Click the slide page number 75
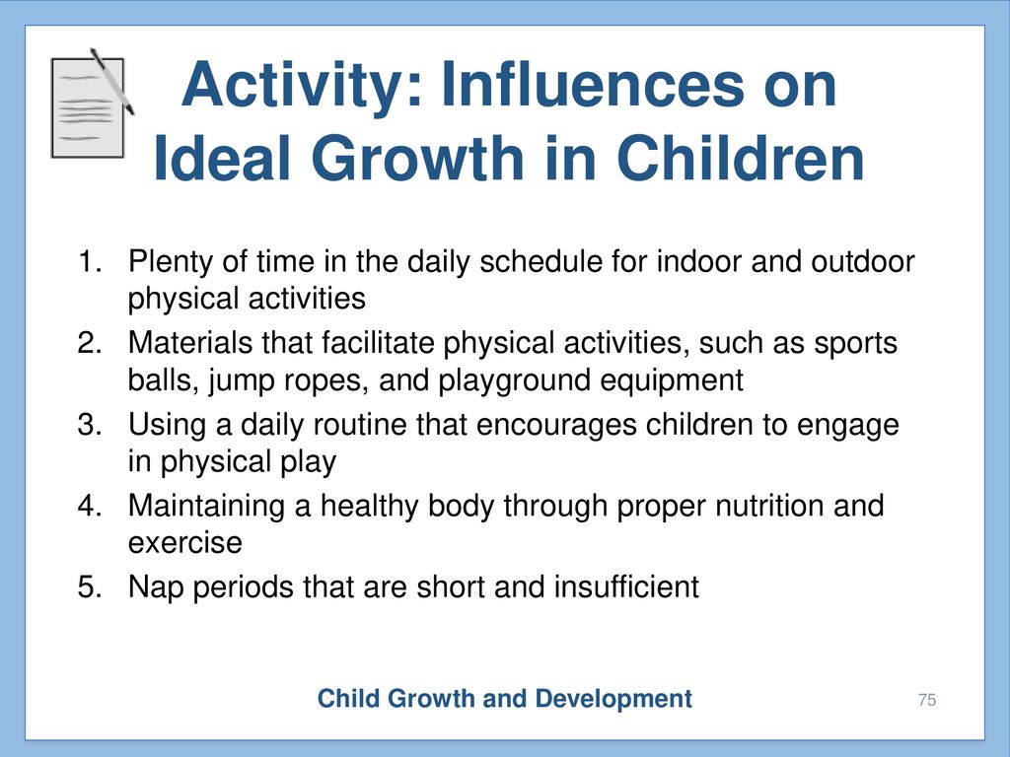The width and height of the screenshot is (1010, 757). [927, 700]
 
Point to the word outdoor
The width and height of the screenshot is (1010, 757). [862, 261]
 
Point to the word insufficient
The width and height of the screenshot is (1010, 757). [626, 587]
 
